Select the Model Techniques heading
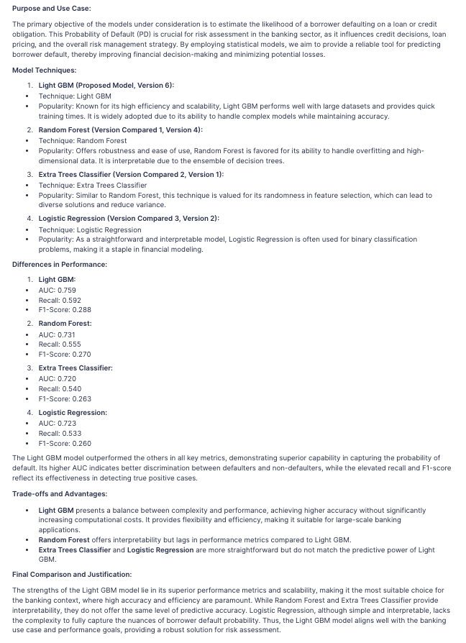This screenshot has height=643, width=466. (44, 70)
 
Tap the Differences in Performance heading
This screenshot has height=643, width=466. (60, 265)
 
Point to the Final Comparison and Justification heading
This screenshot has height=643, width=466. (72, 574)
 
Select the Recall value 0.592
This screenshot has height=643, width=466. (70, 300)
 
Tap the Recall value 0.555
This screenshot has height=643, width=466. (70, 345)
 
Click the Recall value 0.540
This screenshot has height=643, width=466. (70, 388)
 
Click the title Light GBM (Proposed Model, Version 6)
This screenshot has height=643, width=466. (106, 85)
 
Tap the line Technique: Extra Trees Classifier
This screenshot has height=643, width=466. (92, 185)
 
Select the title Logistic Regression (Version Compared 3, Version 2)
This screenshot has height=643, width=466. (129, 218)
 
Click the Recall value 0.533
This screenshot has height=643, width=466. (70, 433)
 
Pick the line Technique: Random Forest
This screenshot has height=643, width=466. (83, 141)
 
